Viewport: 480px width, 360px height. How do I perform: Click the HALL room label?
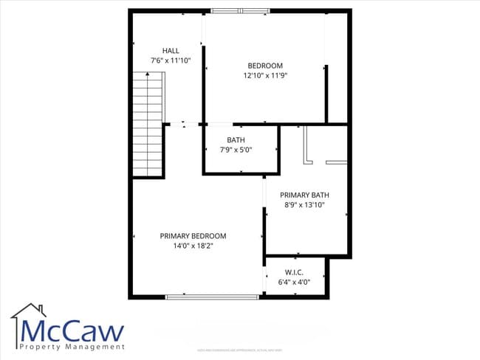click(171, 51)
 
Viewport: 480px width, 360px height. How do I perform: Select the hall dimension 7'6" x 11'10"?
click(171, 61)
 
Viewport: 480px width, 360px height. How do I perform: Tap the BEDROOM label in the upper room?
click(264, 66)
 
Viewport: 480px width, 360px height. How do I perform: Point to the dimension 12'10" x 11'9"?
click(264, 75)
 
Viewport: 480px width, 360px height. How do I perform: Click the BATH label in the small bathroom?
click(236, 139)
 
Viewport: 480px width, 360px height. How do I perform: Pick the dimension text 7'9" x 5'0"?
click(236, 150)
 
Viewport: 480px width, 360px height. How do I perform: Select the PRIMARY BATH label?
click(304, 195)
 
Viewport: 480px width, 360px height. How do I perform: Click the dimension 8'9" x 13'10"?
click(304, 206)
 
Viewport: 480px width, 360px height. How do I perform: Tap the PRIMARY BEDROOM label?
click(193, 236)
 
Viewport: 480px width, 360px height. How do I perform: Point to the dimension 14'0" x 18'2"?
click(193, 246)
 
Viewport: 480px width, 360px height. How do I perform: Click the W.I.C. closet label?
click(294, 271)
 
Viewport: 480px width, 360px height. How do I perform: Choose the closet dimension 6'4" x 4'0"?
click(294, 282)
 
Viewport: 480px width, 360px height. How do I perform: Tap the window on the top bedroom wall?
click(240, 10)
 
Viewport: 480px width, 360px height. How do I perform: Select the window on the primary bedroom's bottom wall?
click(211, 297)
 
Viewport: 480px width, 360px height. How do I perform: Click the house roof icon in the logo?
click(29, 311)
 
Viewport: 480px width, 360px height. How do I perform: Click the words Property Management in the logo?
click(72, 347)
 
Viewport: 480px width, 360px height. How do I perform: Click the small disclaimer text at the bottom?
click(240, 350)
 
